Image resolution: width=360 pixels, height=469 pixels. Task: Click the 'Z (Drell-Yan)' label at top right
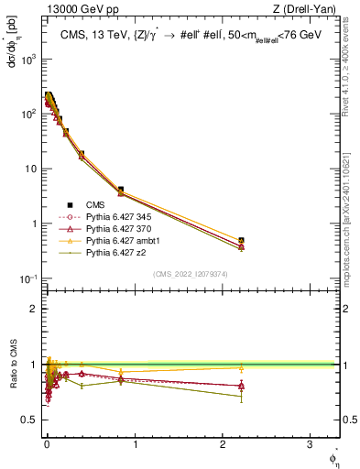(311, 10)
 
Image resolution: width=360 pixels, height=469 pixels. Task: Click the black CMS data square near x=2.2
(241, 240)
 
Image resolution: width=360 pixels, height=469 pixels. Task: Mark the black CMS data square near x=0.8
(121, 190)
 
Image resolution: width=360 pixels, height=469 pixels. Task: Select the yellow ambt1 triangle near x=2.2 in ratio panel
(241, 368)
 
